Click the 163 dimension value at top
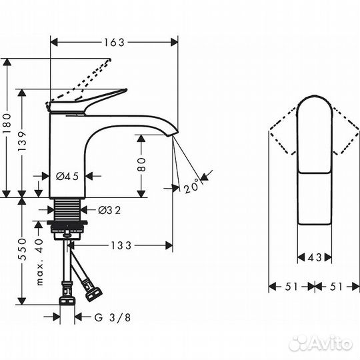[x=115, y=42]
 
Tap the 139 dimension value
[x=25, y=143]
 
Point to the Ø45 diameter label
[x=67, y=177]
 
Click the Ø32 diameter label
[x=109, y=211]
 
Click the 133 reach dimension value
[x=121, y=245]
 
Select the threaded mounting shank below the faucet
[x=67, y=208]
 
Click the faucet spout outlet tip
[x=174, y=135]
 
